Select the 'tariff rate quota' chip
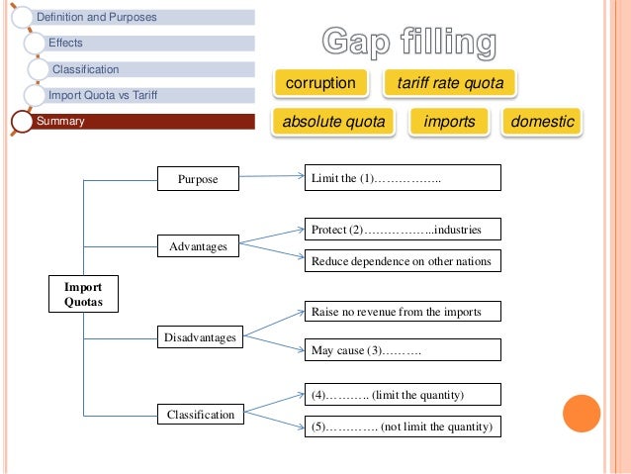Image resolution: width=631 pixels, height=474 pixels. (450, 83)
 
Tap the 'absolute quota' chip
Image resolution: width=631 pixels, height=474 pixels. (333, 122)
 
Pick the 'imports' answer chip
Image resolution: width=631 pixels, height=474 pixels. (449, 122)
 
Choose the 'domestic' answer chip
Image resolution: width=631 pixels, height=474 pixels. (543, 122)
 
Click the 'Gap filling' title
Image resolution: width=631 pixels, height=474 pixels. (408, 43)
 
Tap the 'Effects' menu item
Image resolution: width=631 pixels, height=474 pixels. (148, 44)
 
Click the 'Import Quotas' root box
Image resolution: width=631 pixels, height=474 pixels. (83, 294)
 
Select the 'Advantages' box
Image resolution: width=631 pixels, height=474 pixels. (198, 245)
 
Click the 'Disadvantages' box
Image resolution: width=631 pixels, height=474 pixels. (201, 337)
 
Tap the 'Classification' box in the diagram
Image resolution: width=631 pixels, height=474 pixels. (201, 415)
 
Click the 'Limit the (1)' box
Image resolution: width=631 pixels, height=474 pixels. (402, 178)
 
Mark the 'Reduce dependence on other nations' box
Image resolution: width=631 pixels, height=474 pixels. (402, 261)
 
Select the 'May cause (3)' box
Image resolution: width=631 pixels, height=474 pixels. (402, 350)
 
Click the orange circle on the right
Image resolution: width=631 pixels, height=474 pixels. (582, 415)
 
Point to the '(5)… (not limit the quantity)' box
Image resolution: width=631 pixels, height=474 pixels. (402, 427)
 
